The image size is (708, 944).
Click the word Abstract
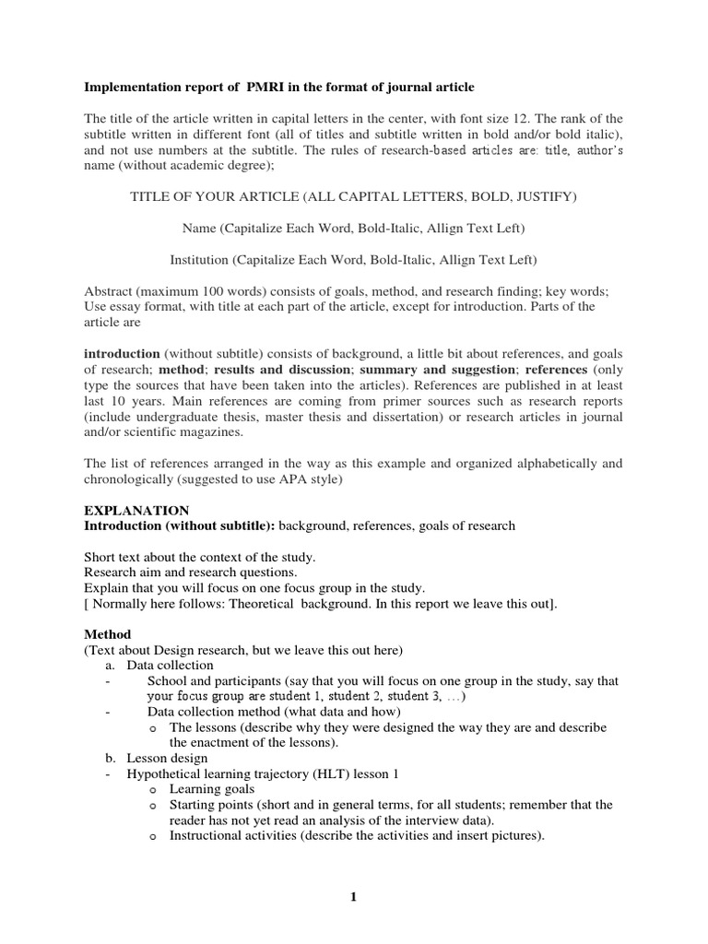point(109,290)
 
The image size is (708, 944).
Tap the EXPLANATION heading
point(136,511)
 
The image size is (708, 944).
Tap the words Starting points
point(215,806)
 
